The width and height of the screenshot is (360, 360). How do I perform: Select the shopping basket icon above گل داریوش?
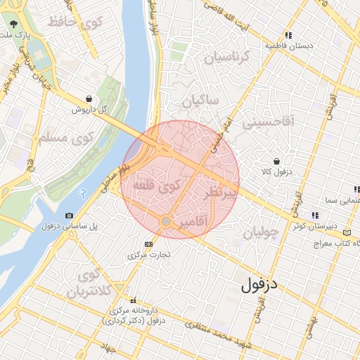[x=88, y=99]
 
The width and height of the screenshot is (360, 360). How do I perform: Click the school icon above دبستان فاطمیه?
[x=288, y=35]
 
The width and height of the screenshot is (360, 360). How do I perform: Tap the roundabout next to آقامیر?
[x=165, y=221]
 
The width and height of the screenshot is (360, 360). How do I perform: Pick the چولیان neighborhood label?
[x=261, y=232]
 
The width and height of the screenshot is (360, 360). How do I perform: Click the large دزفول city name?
[x=259, y=285]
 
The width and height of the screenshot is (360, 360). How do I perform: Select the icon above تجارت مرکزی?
[x=148, y=244]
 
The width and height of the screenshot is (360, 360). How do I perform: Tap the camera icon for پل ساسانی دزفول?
[x=69, y=215]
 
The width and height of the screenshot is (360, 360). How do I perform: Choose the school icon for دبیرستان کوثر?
[x=316, y=215]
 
